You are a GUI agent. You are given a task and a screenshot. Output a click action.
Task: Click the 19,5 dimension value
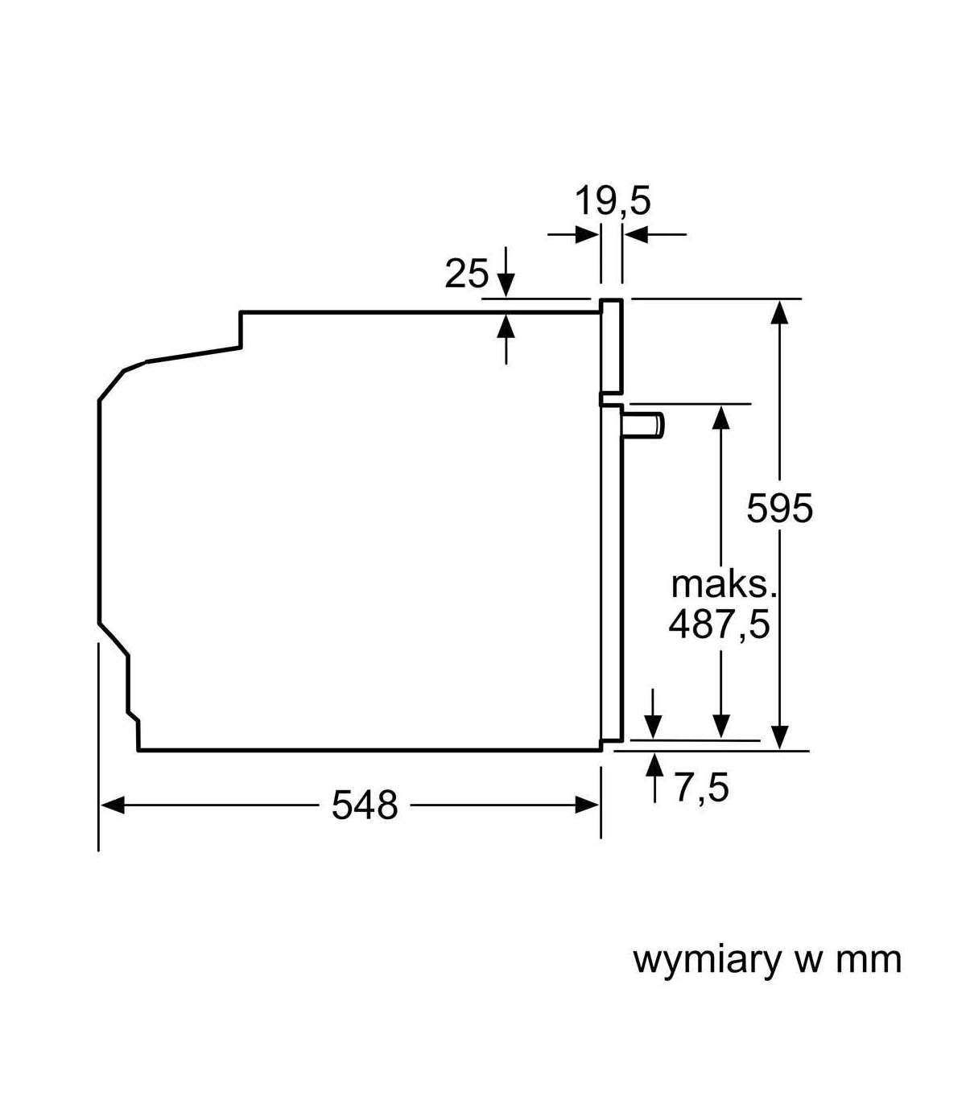[x=613, y=200]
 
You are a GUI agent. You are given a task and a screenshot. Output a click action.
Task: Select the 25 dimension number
[x=467, y=274]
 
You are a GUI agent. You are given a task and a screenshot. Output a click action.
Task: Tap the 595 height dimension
[x=779, y=508]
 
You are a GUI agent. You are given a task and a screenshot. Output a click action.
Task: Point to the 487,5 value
[x=719, y=624]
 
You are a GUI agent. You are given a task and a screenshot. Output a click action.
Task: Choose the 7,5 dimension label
[x=701, y=788]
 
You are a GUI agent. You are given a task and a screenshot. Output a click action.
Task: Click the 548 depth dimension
[x=365, y=805]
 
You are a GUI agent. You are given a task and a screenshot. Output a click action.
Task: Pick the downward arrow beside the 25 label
[x=506, y=282]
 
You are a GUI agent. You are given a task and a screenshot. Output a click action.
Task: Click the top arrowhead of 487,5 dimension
[x=721, y=417]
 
